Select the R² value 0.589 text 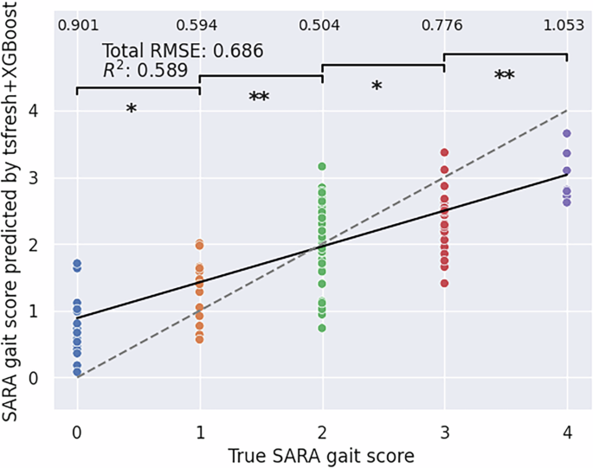(145, 71)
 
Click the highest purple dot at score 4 (567, 133)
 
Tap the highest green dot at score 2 (322, 165)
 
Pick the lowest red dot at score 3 (445, 283)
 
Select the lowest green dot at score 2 (322, 328)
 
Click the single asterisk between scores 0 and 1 (131, 110)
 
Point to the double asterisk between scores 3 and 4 (505, 76)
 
